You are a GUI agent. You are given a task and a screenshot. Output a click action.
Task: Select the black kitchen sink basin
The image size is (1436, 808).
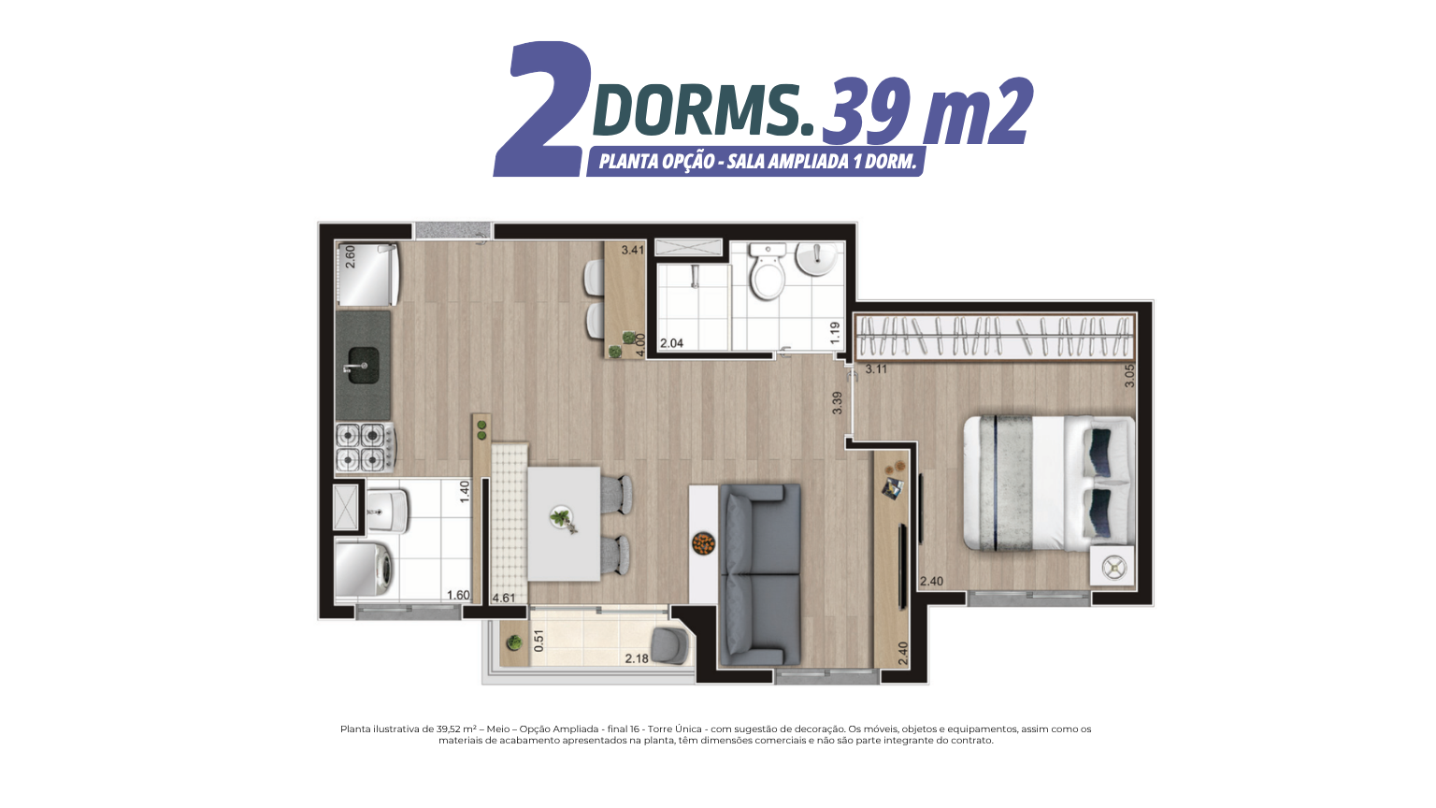coord(364,366)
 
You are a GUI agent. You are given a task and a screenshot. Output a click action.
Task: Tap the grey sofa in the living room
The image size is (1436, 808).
coord(760,574)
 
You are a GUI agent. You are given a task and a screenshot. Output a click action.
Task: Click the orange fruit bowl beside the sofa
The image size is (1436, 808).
coord(703,543)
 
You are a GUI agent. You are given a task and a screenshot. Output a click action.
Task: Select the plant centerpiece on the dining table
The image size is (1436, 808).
coord(562,518)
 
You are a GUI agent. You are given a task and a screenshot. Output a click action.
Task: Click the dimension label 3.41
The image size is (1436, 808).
coord(633,250)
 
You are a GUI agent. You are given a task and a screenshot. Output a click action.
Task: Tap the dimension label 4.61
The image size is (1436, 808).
coord(504,599)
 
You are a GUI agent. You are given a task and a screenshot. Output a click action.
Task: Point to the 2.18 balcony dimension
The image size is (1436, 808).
coord(637,658)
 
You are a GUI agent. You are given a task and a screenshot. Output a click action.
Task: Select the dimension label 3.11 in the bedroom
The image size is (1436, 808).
coord(876,368)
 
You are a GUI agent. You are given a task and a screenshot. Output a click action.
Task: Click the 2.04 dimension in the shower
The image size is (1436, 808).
coord(672,343)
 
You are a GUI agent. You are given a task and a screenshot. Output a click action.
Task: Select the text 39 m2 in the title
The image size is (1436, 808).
coord(927,111)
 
